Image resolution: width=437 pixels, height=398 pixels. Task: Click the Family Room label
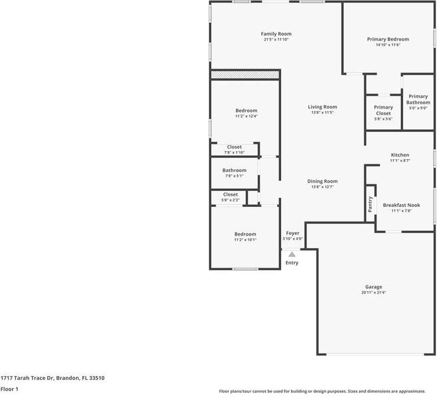276,34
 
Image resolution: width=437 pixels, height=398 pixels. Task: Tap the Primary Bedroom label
388,39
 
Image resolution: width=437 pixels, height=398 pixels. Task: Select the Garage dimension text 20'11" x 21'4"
373,292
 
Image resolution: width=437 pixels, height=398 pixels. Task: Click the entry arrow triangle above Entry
292,254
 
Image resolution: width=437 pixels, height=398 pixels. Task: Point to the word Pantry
370,205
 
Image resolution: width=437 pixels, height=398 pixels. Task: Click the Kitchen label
400,155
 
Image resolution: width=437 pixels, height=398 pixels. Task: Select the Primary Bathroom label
418,99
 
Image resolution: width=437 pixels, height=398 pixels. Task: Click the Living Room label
322,106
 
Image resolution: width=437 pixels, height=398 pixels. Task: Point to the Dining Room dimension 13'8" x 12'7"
322,187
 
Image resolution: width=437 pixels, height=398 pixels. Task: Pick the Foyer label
292,233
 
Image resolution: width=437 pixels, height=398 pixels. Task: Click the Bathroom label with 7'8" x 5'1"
234,170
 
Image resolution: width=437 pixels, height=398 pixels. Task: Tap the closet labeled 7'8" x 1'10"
234,146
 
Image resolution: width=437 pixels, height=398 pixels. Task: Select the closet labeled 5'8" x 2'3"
230,194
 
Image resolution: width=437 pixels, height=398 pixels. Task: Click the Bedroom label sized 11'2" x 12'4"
246,110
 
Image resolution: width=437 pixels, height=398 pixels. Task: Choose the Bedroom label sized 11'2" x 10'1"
245,234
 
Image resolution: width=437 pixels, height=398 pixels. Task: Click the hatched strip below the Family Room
244,74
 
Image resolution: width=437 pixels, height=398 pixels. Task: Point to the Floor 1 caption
9,389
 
